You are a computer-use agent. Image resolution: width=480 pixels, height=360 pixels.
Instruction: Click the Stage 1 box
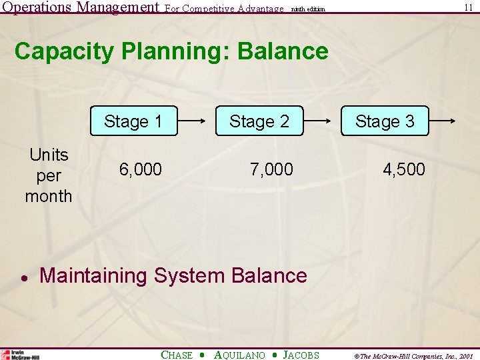134,121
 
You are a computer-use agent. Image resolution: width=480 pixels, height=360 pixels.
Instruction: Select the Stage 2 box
259,121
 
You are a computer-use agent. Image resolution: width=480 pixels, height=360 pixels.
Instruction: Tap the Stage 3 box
385,121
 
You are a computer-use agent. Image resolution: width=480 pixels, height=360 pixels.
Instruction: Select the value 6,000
141,170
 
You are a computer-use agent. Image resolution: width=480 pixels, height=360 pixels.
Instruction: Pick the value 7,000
271,170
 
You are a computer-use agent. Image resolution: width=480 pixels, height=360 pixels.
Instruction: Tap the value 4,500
403,170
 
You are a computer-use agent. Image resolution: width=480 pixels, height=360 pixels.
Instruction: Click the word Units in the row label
49,155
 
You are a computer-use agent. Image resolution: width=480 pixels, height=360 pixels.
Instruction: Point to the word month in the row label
49,196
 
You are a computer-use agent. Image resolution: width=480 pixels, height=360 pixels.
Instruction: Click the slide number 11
469,7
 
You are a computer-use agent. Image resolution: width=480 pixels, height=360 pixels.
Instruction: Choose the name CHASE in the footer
177,355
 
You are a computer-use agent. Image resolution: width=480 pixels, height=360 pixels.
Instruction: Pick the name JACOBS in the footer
301,355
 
